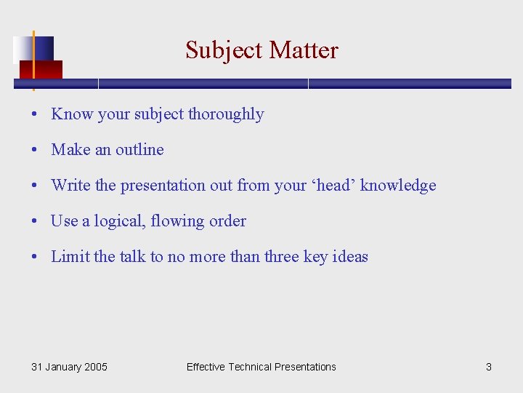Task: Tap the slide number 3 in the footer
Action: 489,367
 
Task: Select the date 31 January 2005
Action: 69,367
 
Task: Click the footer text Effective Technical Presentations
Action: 261,367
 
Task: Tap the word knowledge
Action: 398,186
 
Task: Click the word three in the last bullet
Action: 281,257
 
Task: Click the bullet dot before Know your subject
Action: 35,115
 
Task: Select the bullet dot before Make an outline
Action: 35,151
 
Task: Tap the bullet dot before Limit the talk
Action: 35,258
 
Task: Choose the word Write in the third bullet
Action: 70,186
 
